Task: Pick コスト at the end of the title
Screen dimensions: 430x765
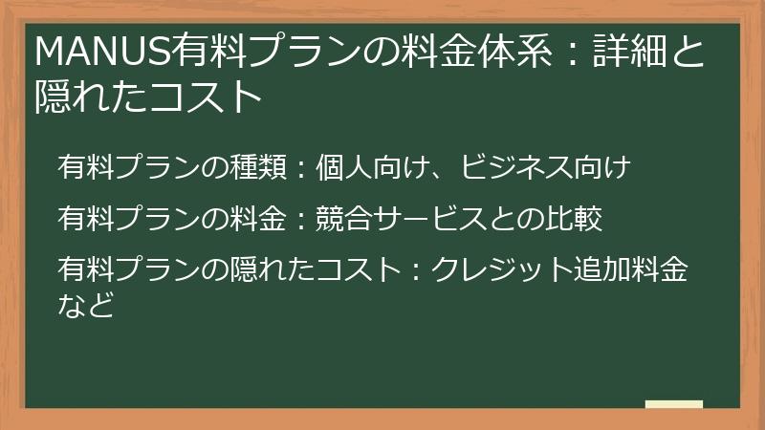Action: coord(214,97)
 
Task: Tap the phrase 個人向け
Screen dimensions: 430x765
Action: coord(374,168)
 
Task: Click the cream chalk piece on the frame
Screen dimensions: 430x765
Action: coord(674,405)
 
